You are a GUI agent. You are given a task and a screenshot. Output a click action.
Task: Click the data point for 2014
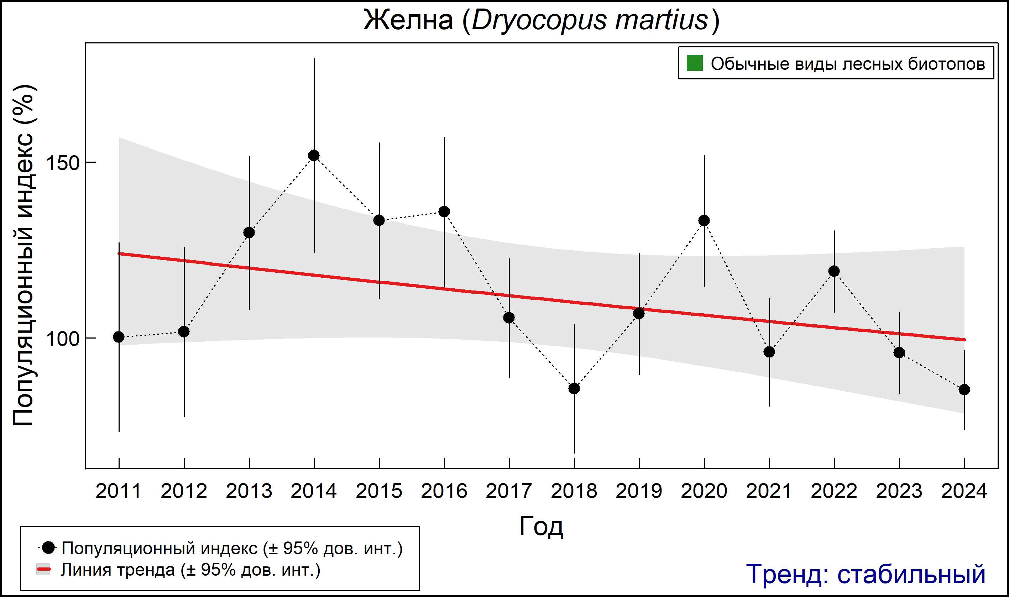[x=314, y=155]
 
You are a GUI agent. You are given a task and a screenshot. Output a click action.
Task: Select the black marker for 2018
[x=574, y=389]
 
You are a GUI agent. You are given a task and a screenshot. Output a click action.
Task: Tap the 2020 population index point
[x=704, y=220]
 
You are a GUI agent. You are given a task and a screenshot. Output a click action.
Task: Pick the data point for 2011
[x=119, y=337]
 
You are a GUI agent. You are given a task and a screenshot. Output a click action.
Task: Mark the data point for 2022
[x=834, y=271]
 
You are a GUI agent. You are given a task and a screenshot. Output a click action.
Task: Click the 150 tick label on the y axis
[x=62, y=163]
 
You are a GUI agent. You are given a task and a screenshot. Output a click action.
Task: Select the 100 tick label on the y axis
[x=62, y=339]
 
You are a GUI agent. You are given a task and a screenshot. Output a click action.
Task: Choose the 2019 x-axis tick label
[x=639, y=491]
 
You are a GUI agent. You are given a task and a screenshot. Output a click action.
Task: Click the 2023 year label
[x=899, y=491]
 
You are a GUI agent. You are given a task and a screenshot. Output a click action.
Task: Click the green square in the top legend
[x=694, y=63]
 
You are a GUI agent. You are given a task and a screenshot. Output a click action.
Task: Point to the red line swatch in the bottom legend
[x=43, y=570]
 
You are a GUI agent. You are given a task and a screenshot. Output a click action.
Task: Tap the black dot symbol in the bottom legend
[x=49, y=548]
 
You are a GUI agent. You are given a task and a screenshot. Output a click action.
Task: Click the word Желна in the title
[x=408, y=20]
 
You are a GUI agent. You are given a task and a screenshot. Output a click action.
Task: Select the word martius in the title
[x=662, y=20]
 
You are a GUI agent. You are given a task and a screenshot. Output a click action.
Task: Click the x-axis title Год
[x=541, y=526]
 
